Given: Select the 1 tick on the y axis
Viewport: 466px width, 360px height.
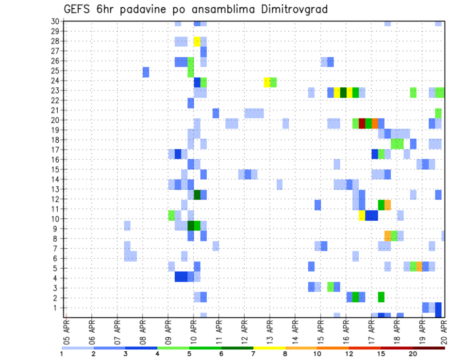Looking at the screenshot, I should pyautogui.click(x=57, y=308).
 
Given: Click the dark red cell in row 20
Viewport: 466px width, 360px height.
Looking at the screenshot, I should pyautogui.click(x=362, y=123).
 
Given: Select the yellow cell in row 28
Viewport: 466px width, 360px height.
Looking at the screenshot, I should pyautogui.click(x=197, y=41).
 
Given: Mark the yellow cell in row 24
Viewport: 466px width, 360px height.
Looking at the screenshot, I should pyautogui.click(x=267, y=82).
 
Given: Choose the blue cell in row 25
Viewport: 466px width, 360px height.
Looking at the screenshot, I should pyautogui.click(x=146, y=72).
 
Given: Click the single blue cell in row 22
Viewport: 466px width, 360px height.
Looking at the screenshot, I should pyautogui.click(x=191, y=103).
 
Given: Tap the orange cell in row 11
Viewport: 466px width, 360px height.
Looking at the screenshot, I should pyautogui.click(x=387, y=205).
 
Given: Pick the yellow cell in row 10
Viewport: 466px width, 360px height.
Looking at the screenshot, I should pyautogui.click(x=362, y=215).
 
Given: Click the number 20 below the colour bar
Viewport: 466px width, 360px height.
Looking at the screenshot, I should pyautogui.click(x=413, y=354).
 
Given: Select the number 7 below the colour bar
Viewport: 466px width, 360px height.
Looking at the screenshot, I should pyautogui.click(x=253, y=354).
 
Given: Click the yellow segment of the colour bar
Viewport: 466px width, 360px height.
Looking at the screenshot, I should pyautogui.click(x=269, y=347).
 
